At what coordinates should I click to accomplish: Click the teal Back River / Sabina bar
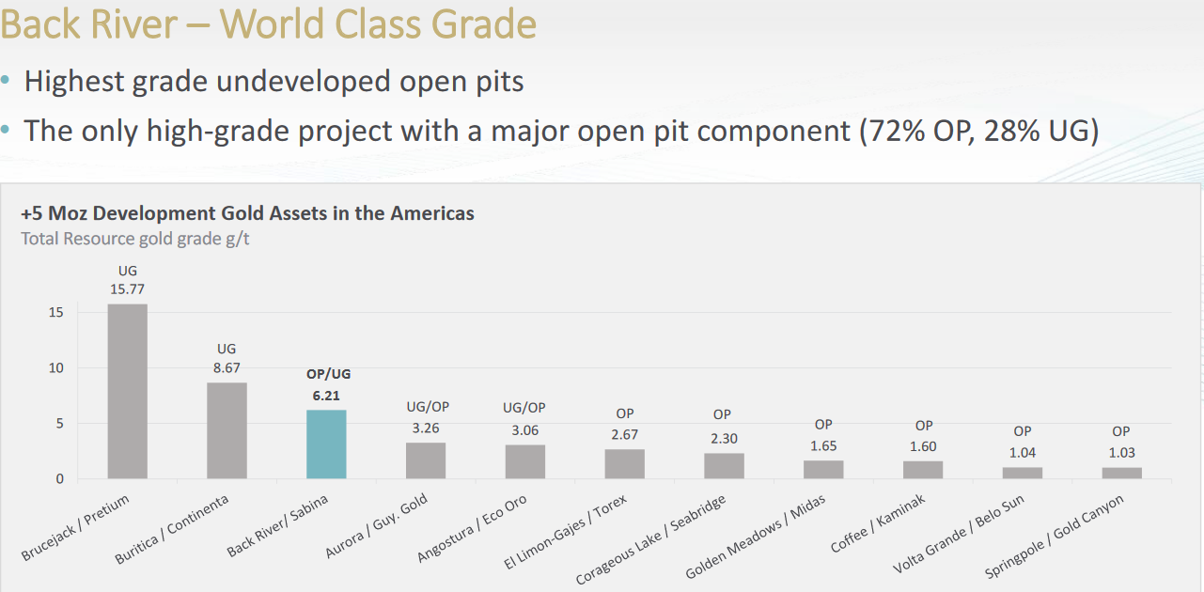click(x=326, y=444)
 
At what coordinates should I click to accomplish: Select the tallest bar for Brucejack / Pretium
click(x=127, y=391)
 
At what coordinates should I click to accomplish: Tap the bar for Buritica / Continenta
click(x=227, y=430)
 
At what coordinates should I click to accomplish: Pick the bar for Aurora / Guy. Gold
click(x=426, y=460)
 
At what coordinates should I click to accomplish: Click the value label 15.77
click(x=128, y=289)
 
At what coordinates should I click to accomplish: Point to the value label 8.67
click(x=227, y=368)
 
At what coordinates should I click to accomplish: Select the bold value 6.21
click(x=326, y=396)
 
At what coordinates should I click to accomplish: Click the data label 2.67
click(x=624, y=435)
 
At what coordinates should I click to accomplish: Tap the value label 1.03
click(x=1120, y=453)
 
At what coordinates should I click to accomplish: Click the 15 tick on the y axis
click(x=56, y=313)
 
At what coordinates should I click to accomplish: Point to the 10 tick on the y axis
click(x=56, y=368)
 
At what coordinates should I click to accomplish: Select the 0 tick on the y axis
click(x=60, y=479)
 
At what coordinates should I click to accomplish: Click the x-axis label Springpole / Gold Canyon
click(x=1055, y=537)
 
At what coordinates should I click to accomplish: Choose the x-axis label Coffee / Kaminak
click(x=878, y=524)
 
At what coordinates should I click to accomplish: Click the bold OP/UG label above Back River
click(x=328, y=374)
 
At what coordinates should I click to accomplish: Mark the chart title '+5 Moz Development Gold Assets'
click(x=247, y=213)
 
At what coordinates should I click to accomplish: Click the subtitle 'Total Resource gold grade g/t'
click(x=135, y=239)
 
